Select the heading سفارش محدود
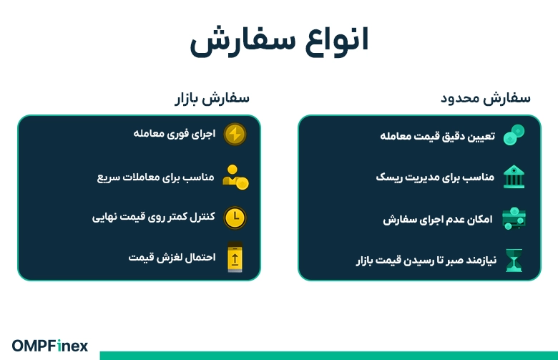click(x=486, y=98)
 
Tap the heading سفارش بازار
click(x=212, y=98)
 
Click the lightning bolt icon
click(x=235, y=134)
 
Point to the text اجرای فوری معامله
click(x=175, y=133)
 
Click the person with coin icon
click(x=235, y=176)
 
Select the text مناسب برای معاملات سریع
click(x=156, y=176)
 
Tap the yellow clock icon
click(x=235, y=218)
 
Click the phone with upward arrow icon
click(x=235, y=258)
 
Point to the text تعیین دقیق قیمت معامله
click(x=436, y=135)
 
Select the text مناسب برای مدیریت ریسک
click(x=435, y=177)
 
